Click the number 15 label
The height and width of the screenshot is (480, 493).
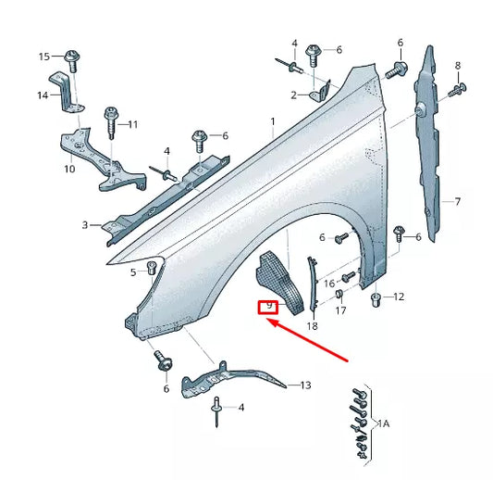tap(43, 57)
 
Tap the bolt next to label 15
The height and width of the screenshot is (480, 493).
tap(73, 57)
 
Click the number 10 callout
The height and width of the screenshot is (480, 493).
tap(69, 170)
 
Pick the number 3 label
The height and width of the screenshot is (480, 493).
tap(85, 225)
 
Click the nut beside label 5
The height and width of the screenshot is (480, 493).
tap(153, 271)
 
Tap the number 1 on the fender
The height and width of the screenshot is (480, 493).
tap(273, 122)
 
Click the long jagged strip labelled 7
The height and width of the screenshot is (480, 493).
tap(431, 139)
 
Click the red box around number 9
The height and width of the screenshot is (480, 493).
tap(268, 307)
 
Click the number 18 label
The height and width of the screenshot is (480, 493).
tap(312, 326)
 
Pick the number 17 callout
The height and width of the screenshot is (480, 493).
tap(340, 311)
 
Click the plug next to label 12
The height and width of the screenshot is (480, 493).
tap(376, 299)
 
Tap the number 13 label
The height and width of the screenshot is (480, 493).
tap(305, 385)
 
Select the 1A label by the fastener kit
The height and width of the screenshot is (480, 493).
tap(384, 423)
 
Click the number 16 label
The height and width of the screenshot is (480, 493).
tap(329, 283)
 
